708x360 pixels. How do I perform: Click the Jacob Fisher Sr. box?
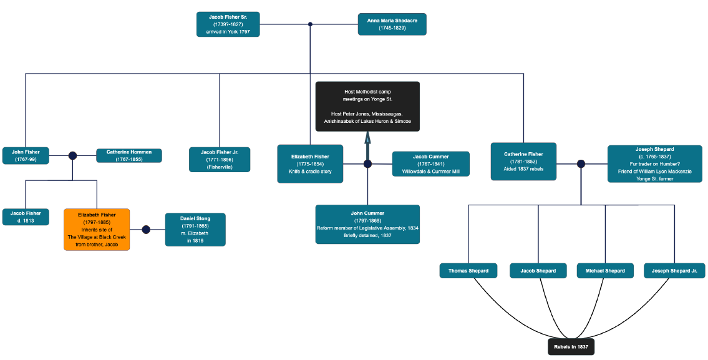coord(228,24)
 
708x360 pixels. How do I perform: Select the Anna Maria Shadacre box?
coord(392,24)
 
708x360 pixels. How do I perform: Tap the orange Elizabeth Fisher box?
coord(97,230)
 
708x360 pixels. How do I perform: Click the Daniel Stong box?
coord(195,230)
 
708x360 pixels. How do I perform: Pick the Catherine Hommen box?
coord(129,155)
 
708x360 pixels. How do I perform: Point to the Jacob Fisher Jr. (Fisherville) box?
coord(220,160)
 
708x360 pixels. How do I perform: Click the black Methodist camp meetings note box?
coord(367,107)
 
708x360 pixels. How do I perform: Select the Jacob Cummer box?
coord(430,163)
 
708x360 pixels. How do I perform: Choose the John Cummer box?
coord(367,224)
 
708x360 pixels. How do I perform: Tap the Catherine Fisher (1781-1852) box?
coord(523,162)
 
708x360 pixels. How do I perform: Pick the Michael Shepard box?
coord(605,271)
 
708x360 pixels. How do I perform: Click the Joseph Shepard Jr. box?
coord(674,271)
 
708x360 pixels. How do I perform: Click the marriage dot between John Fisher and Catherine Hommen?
coord(72,155)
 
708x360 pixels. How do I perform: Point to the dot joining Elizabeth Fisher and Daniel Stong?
coord(146,230)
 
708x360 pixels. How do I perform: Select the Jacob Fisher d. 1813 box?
coord(26,217)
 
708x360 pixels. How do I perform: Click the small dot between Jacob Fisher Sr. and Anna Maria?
coord(310,24)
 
